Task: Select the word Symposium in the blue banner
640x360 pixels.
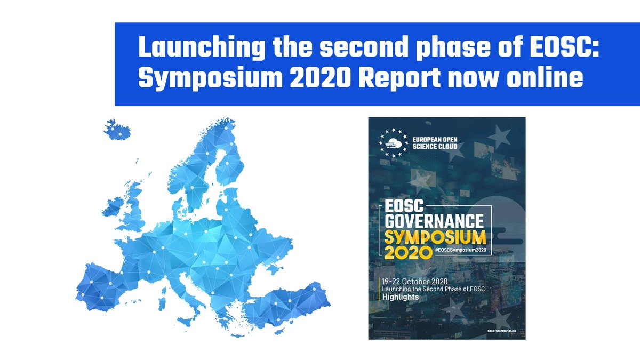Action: (x=209, y=79)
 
